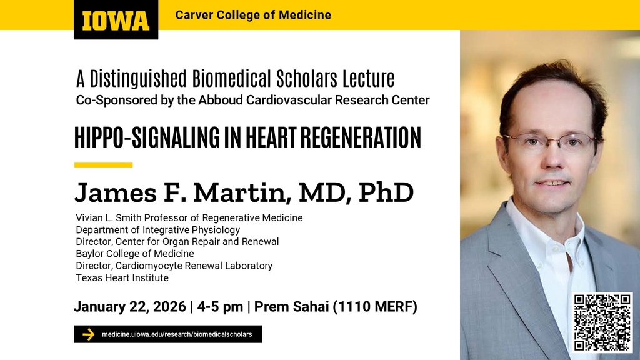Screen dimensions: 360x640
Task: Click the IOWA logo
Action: [116, 20]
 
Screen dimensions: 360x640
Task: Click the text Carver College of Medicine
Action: [253, 15]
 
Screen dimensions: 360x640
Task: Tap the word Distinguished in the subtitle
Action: [138, 79]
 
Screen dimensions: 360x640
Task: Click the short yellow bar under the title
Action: [103, 165]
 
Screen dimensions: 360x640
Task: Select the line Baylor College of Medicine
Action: [134, 254]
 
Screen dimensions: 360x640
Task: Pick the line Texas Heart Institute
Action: [122, 277]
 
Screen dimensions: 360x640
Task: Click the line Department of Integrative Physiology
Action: [157, 229]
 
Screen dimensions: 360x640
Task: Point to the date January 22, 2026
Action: [129, 307]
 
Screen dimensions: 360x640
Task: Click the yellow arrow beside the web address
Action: [88, 334]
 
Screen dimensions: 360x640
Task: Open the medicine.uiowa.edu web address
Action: [177, 334]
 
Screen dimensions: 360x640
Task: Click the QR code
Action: [602, 322]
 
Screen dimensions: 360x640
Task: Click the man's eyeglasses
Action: [549, 141]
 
